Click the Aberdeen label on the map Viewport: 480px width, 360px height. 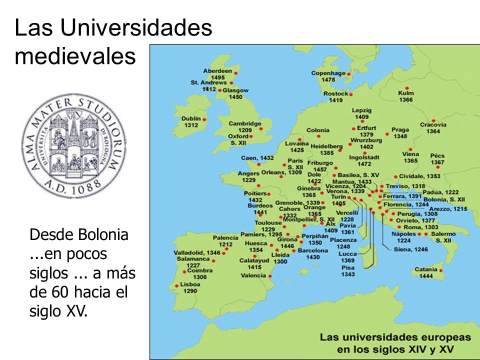coord(217,71)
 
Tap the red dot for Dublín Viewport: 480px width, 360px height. coord(204,119)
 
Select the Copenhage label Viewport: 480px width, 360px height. coord(328,73)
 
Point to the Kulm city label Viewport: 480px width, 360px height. coord(406,93)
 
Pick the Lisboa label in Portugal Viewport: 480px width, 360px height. coord(190,284)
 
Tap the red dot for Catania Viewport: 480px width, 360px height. coord(441,270)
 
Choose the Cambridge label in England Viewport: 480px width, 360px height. coord(245,123)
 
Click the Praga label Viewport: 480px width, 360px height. coord(400,129)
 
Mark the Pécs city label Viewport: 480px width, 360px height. coord(437,155)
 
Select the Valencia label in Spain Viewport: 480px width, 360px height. coord(253,275)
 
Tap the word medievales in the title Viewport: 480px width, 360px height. coord(75,56)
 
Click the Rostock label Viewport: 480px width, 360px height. coord(335,93)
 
